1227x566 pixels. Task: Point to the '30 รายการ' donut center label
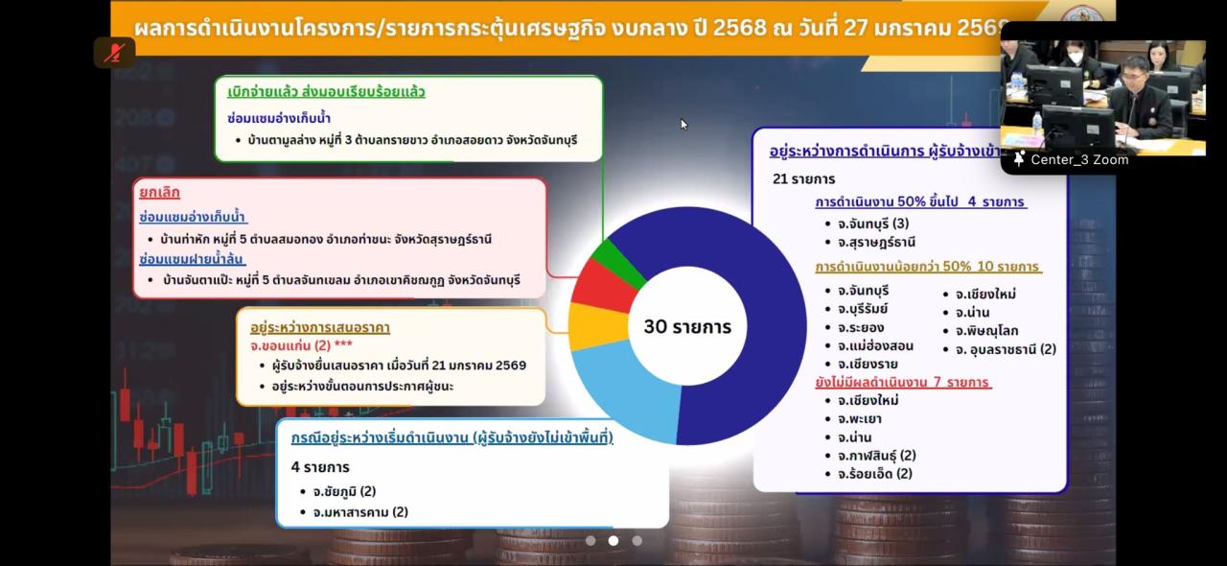point(687,327)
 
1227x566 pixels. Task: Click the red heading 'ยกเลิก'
point(159,192)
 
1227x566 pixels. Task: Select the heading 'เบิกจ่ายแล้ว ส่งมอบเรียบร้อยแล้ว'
point(326,92)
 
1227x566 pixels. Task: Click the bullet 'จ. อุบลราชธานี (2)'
point(999,349)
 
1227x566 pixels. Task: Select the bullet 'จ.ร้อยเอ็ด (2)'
point(874,473)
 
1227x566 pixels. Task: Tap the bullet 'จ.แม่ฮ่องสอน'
point(874,345)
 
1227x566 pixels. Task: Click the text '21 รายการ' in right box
point(803,178)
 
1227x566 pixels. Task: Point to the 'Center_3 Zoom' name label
point(1078,160)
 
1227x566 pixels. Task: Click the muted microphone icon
point(114,53)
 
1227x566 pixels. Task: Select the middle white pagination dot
point(613,541)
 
